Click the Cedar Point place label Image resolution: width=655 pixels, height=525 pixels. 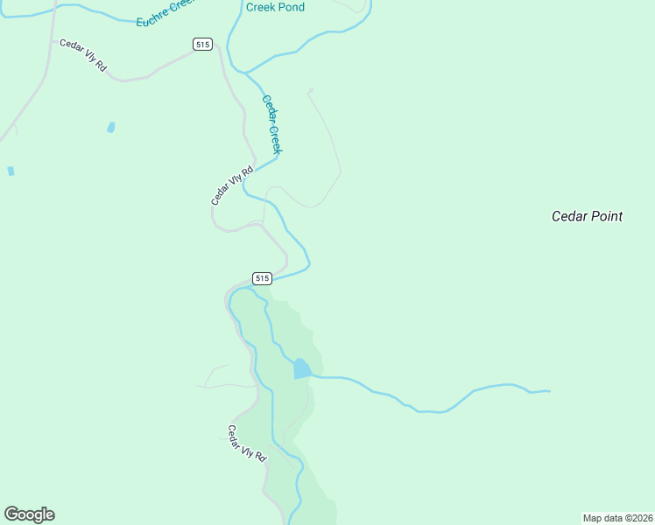pos(587,216)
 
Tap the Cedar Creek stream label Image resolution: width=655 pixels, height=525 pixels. pos(271,124)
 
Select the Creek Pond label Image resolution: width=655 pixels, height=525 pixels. pos(275,7)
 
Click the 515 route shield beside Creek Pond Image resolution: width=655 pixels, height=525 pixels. pos(202,44)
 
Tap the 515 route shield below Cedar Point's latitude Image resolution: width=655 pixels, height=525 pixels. pos(262,278)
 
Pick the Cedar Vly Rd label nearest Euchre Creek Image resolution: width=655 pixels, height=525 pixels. pos(83,54)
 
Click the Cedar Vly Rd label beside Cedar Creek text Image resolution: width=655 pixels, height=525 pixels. pos(232,185)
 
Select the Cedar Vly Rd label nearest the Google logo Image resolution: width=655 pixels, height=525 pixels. pos(246,444)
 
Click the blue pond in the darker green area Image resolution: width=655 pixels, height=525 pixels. pos(302,368)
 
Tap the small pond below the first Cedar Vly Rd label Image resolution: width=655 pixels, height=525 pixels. pos(111,128)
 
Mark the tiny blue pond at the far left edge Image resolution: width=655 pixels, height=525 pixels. pos(11,171)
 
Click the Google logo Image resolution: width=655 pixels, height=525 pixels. pos(29,514)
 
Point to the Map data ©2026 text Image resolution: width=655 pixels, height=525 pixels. pos(617,518)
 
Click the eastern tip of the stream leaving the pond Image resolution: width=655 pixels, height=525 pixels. pos(549,391)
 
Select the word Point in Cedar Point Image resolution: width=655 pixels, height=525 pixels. pos(604,216)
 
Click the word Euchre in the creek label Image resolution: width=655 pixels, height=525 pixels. pos(151,18)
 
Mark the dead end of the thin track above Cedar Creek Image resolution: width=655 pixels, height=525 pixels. pos(310,89)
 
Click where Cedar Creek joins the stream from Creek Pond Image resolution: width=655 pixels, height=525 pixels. pos(246,73)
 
